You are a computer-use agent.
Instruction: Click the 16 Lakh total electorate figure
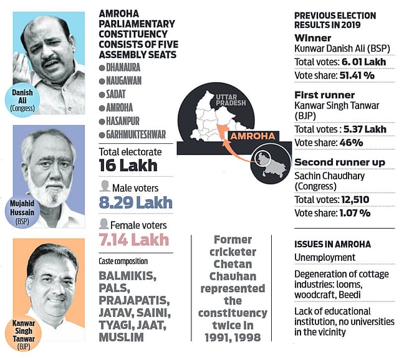tap(128, 166)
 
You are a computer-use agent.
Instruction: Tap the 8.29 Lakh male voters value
tap(135, 202)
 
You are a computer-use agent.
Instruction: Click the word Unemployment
tap(325, 258)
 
